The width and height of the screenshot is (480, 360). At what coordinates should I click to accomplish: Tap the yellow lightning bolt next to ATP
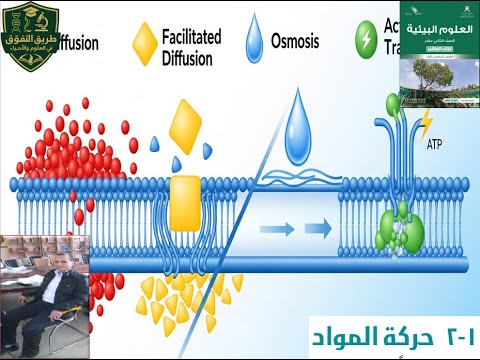428,122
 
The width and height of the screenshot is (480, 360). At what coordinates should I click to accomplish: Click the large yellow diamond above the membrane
187,126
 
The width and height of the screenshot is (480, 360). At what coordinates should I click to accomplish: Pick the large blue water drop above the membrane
297,130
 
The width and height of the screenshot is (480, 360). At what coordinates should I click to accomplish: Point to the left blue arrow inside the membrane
282,230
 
